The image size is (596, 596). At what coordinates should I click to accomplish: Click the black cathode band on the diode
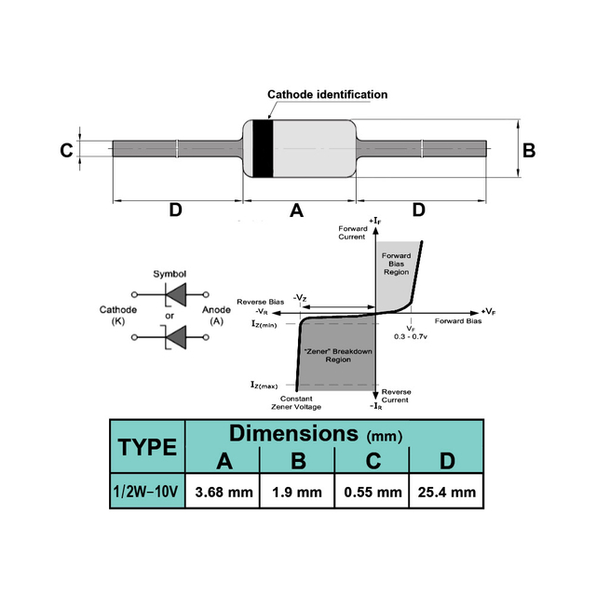(x=263, y=149)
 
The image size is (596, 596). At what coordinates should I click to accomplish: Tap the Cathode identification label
(x=327, y=94)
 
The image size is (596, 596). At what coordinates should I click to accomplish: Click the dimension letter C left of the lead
(x=66, y=150)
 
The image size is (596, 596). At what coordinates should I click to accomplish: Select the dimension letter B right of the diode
(x=529, y=150)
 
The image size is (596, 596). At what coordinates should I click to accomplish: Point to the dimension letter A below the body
(x=296, y=210)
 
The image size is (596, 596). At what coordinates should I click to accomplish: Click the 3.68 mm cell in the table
(x=223, y=493)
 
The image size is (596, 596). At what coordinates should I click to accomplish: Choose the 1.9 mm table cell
(x=297, y=493)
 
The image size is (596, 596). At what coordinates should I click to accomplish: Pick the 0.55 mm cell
(x=372, y=493)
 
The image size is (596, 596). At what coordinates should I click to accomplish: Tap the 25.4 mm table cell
(x=447, y=493)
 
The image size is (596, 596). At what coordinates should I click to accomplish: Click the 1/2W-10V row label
(x=145, y=492)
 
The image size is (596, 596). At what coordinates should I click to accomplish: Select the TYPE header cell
(x=147, y=447)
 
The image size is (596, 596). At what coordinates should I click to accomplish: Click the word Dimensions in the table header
(x=293, y=433)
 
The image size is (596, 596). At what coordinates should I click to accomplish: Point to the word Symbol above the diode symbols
(x=169, y=274)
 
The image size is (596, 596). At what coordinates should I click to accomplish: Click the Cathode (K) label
(x=118, y=315)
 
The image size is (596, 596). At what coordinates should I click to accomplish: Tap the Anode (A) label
(x=216, y=315)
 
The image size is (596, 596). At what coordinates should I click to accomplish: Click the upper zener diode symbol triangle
(x=176, y=294)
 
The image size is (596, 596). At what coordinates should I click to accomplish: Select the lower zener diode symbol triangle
(x=176, y=337)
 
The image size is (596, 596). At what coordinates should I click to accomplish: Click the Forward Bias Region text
(x=396, y=264)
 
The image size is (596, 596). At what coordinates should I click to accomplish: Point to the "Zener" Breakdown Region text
(x=338, y=356)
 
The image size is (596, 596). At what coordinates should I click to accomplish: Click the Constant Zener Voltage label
(x=296, y=403)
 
